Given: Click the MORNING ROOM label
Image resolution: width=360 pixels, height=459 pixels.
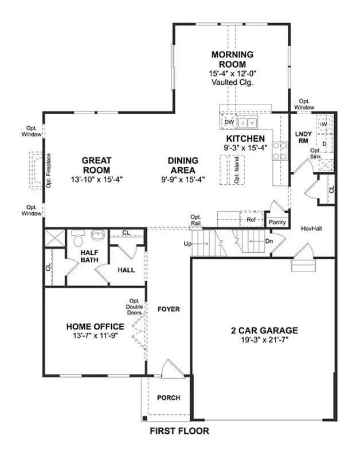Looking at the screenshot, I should [232, 59].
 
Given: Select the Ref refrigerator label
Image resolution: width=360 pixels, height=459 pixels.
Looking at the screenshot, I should [251, 219].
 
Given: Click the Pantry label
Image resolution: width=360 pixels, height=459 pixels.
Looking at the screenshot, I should [277, 221].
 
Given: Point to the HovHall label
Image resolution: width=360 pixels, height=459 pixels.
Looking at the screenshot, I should [311, 228].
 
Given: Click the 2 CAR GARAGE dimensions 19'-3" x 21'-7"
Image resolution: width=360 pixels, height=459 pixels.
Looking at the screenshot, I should [264, 340].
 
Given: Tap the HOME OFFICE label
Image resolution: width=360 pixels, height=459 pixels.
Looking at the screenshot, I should [95, 326].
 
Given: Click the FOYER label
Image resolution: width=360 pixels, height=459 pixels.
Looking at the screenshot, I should [169, 309].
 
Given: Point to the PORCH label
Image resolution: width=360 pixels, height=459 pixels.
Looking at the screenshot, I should [169, 398].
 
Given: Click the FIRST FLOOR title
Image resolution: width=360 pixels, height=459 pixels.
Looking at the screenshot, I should [179, 431].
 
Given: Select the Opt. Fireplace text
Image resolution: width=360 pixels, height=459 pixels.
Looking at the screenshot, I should [49, 170].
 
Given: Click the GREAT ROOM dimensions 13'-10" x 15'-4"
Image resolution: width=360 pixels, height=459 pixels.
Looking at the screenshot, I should [96, 180].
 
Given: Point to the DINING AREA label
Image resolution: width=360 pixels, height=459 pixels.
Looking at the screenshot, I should [183, 165].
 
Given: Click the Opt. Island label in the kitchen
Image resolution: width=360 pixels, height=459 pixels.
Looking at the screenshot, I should [236, 170].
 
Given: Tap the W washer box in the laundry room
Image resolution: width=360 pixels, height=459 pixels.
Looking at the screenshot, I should [324, 124].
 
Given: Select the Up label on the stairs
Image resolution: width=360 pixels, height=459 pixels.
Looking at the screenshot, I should [187, 244].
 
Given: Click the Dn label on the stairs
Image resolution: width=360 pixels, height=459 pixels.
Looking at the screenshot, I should [269, 241].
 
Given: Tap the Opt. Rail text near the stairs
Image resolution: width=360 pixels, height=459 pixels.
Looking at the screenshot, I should [196, 220].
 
